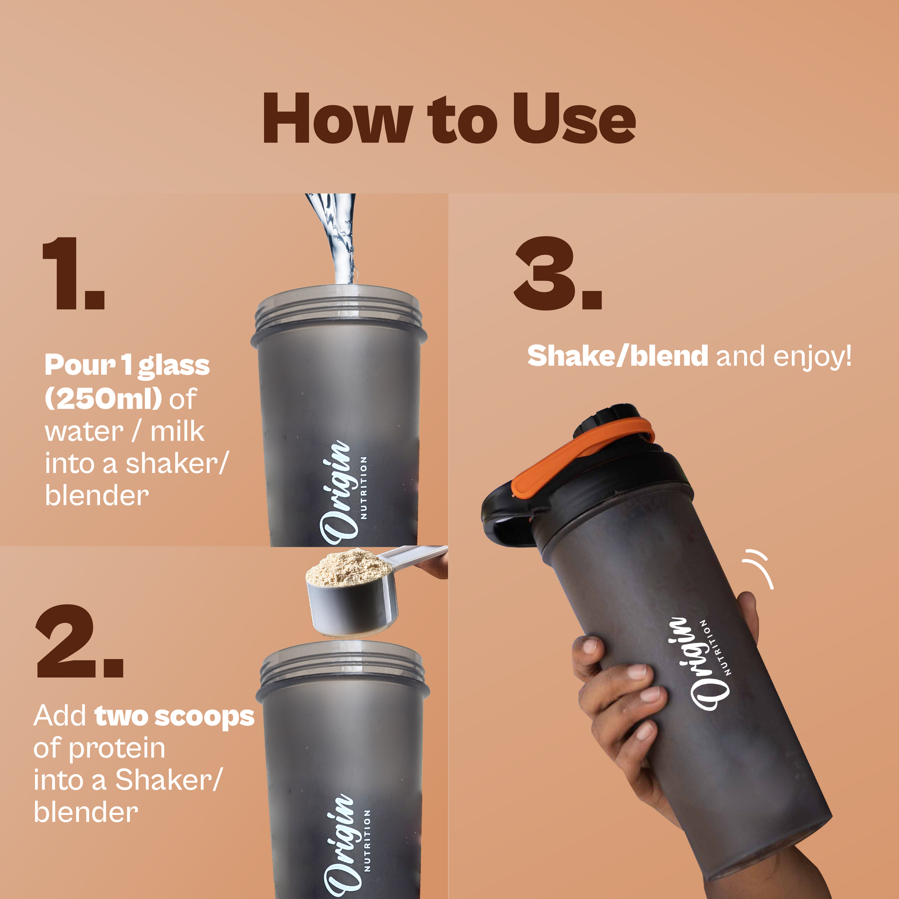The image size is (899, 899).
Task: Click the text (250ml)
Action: point(103,399)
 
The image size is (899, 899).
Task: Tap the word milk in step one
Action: point(177,431)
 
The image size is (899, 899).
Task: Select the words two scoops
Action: point(175,716)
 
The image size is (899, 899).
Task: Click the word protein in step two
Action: point(117,749)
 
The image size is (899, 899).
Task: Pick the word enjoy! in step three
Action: point(813,357)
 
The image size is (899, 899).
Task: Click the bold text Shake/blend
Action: point(618,357)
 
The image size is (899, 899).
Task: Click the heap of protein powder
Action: point(349,567)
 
